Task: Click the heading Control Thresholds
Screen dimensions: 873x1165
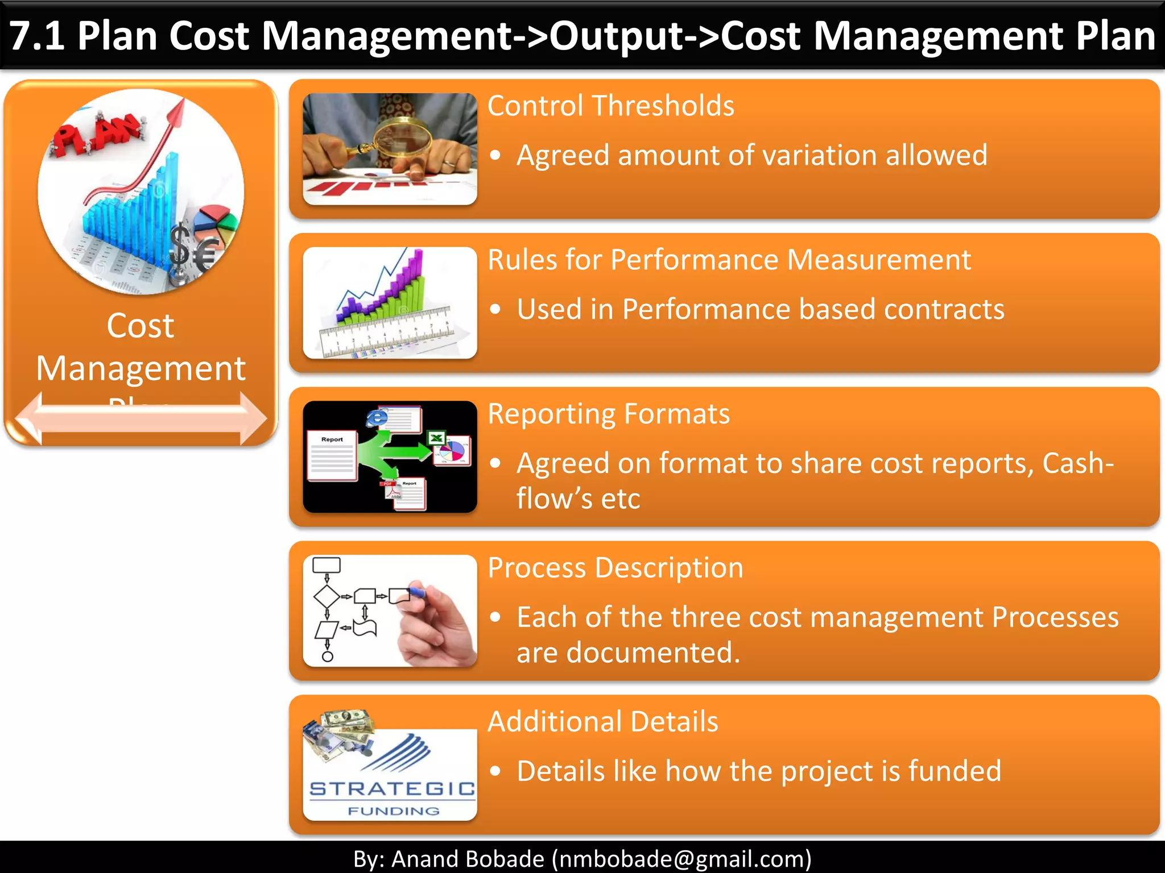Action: [x=610, y=106]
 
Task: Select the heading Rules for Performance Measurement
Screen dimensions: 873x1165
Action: [x=729, y=260]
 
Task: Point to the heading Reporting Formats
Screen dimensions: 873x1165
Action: [x=608, y=414]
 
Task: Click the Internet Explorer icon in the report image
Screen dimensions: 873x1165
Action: [x=376, y=418]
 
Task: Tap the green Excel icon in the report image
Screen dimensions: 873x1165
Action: [x=436, y=438]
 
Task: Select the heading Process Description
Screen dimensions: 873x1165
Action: [x=615, y=568]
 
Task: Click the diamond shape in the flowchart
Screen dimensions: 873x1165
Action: [x=327, y=596]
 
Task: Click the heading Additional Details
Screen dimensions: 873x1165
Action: [x=602, y=722]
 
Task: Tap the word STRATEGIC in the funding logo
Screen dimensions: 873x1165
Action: [x=392, y=789]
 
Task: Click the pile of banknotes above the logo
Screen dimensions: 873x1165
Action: [x=341, y=730]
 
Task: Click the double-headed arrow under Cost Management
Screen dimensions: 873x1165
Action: [x=141, y=419]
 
